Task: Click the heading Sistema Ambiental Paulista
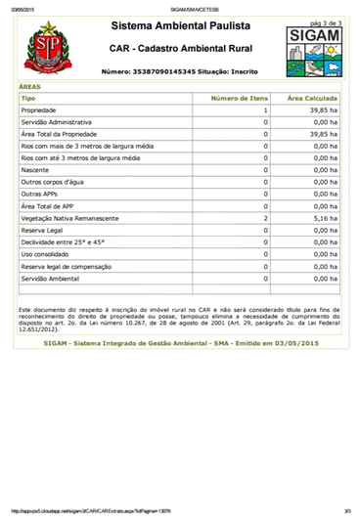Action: tap(180, 22)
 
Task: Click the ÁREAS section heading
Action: tap(30, 86)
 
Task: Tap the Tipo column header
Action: tap(28, 99)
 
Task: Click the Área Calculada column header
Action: tap(312, 99)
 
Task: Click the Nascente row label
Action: tap(36, 170)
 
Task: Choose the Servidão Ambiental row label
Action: tap(53, 278)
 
